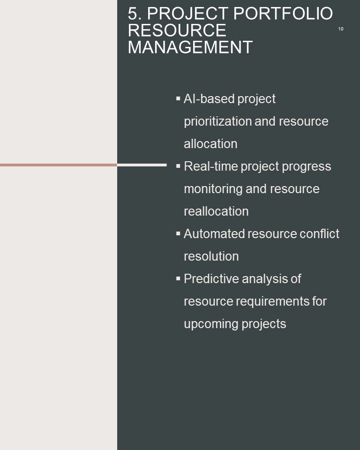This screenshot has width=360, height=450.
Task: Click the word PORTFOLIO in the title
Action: pos(283,14)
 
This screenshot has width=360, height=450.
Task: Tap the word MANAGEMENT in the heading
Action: pos(190,47)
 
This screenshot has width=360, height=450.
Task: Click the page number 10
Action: pos(341,29)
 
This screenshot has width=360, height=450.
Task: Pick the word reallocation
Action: pos(216,211)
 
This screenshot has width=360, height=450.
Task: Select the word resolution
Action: pos(211,256)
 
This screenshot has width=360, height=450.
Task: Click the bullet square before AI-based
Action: pos(178,98)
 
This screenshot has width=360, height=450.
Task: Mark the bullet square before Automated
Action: pos(178,233)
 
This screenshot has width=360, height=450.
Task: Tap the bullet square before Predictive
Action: pos(178,278)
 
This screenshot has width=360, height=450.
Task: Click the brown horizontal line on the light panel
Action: pos(59,165)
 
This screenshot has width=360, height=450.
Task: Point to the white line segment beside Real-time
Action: pos(142,165)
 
